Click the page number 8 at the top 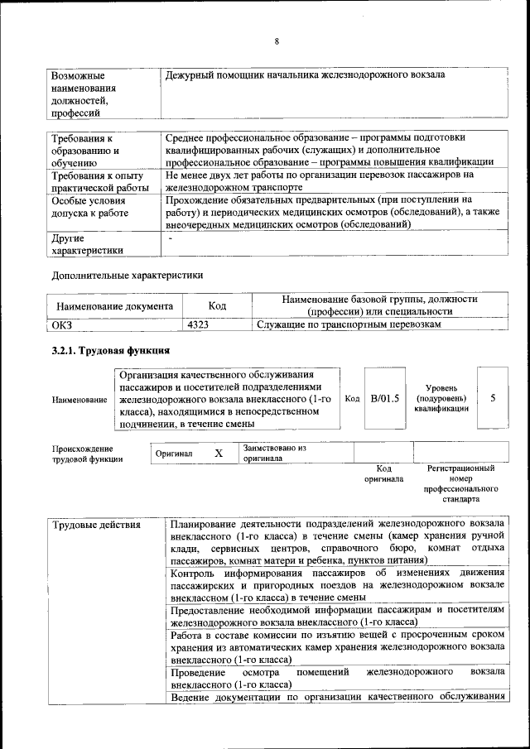(x=277, y=41)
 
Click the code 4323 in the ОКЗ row (x=198, y=324)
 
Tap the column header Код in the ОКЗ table (x=217, y=305)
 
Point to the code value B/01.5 (x=384, y=398)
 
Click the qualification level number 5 (x=494, y=398)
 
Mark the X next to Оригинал (x=219, y=454)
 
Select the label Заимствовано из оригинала (x=274, y=453)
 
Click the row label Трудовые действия (x=96, y=525)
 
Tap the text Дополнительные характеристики (x=127, y=274)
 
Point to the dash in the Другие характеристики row (x=171, y=238)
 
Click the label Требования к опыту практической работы (x=96, y=181)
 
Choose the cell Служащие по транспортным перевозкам (x=348, y=324)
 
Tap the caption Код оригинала (x=383, y=473)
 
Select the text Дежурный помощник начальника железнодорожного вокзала (x=305, y=75)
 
